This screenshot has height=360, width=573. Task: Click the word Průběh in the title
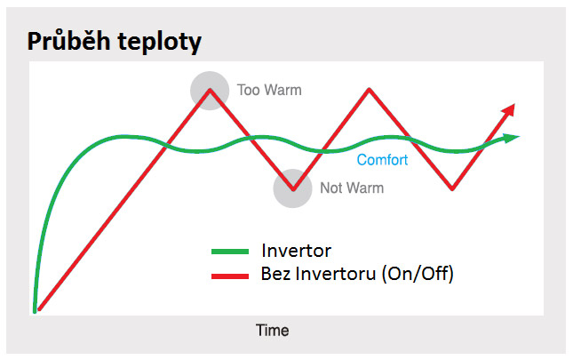tap(68, 41)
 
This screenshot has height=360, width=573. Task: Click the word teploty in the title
tap(159, 43)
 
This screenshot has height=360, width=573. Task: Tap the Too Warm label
tap(269, 90)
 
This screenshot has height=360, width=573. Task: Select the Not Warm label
tap(352, 188)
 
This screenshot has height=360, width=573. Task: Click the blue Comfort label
tap(382, 160)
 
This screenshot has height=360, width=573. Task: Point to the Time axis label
tap(272, 331)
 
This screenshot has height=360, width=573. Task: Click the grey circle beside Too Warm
tap(210, 91)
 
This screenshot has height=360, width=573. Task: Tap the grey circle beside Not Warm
tap(292, 188)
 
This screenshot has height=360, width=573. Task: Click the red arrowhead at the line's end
tap(509, 110)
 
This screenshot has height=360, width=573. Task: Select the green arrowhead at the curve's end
tap(512, 138)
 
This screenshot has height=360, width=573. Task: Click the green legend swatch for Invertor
tap(230, 252)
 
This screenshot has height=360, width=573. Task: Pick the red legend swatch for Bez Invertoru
tap(230, 276)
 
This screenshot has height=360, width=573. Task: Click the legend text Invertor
tap(297, 251)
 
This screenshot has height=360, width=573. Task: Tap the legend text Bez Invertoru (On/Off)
tap(357, 274)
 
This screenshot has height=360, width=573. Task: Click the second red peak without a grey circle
tap(369, 89)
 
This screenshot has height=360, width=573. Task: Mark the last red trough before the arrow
tap(452, 189)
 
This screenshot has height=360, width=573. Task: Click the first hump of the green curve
tap(124, 137)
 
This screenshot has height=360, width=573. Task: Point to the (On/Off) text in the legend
tap(418, 274)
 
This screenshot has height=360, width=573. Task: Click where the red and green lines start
tap(36, 311)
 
